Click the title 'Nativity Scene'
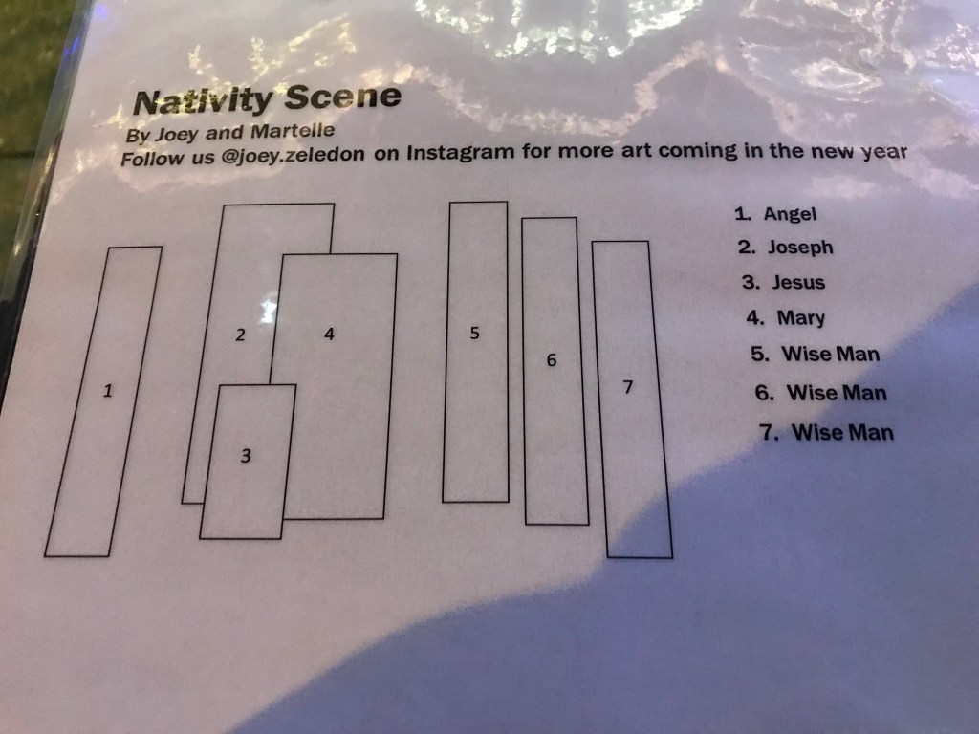pyautogui.click(x=268, y=98)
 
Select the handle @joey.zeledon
pyautogui.click(x=293, y=155)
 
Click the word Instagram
pyautogui.click(x=461, y=152)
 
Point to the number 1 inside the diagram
pyautogui.click(x=108, y=391)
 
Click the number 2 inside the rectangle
pyautogui.click(x=240, y=335)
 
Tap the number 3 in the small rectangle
pyautogui.click(x=246, y=456)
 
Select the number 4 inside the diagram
pyautogui.click(x=329, y=334)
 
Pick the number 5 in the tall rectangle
pyautogui.click(x=474, y=334)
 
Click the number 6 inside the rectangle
pyautogui.click(x=552, y=360)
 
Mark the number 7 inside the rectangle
pyautogui.click(x=628, y=387)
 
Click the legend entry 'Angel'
pyautogui.click(x=790, y=214)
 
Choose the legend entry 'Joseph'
pyautogui.click(x=800, y=248)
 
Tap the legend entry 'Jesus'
pyautogui.click(x=798, y=283)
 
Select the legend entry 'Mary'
pyautogui.click(x=801, y=318)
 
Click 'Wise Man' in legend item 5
pyautogui.click(x=831, y=354)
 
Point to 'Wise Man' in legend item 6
pyautogui.click(x=837, y=393)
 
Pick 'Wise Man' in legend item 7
pyautogui.click(x=843, y=433)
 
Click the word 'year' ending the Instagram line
pyautogui.click(x=884, y=152)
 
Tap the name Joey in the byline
pyautogui.click(x=176, y=134)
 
